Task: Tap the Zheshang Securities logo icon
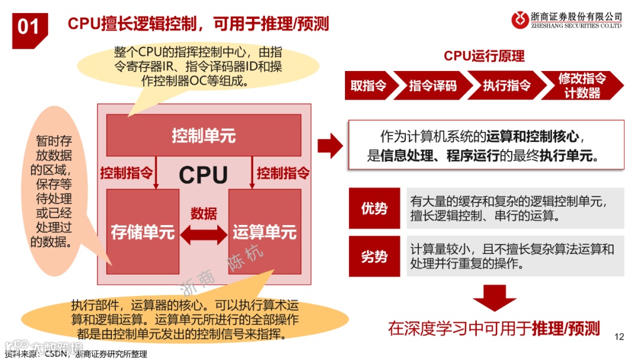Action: pyautogui.click(x=520, y=20)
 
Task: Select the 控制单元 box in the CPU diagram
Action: pyautogui.click(x=204, y=136)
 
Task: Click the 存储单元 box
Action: pyautogui.click(x=143, y=233)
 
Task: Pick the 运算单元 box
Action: pyautogui.click(x=264, y=233)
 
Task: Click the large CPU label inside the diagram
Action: pyautogui.click(x=204, y=175)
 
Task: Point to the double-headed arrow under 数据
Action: pyautogui.click(x=204, y=235)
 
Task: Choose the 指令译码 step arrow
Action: pyautogui.click(x=433, y=85)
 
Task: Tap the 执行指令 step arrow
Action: pyautogui.click(x=506, y=85)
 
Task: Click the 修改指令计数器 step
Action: pyautogui.click(x=582, y=85)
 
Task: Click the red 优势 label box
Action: pyautogui.click(x=375, y=208)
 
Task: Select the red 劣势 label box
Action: pyautogui.click(x=375, y=256)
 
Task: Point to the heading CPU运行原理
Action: pyautogui.click(x=484, y=56)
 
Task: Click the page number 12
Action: pyautogui.click(x=619, y=337)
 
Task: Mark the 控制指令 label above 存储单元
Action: pyautogui.click(x=126, y=173)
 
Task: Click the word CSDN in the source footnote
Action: pyautogui.click(x=57, y=354)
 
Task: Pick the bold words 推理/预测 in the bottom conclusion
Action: pyautogui.click(x=566, y=329)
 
